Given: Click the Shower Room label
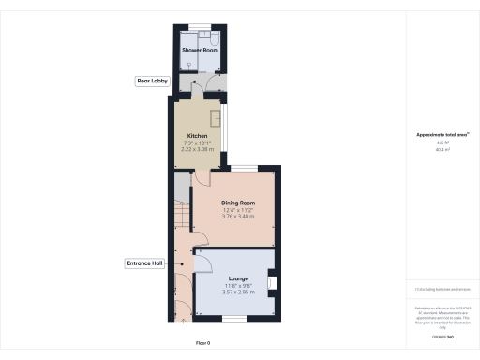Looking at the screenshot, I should [x=197, y=49].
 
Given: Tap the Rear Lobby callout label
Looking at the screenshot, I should [x=152, y=82].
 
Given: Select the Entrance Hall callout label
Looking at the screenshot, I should [x=145, y=263].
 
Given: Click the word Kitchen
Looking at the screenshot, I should [x=197, y=136].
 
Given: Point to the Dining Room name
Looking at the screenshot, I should [x=238, y=202].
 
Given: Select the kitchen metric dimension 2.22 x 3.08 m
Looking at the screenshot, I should [x=197, y=149].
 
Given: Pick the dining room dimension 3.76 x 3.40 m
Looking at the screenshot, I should [x=238, y=217].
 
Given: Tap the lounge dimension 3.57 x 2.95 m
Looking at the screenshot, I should [x=238, y=292].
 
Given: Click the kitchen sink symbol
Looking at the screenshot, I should [x=215, y=119].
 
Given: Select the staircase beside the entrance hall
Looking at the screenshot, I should [x=181, y=221].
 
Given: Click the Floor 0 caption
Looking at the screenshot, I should [x=202, y=343].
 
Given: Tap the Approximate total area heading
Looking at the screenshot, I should [x=442, y=134].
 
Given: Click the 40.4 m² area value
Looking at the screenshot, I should [x=442, y=149].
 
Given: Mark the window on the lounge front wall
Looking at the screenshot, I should [x=234, y=319].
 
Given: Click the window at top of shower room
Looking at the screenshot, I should [x=198, y=25].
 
